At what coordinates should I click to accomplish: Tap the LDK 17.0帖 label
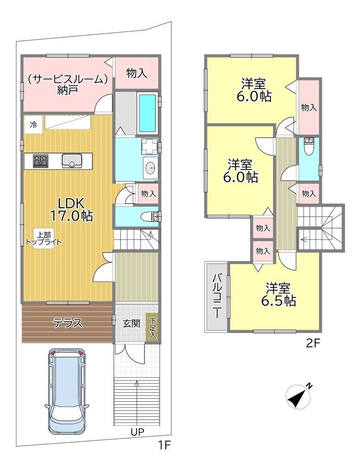tap(72, 210)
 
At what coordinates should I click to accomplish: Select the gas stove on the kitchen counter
tap(40, 161)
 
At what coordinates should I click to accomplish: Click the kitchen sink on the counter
tap(72, 161)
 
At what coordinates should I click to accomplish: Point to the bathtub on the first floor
tap(147, 113)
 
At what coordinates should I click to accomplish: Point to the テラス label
tap(67, 323)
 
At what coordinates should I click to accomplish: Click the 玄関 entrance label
tap(131, 323)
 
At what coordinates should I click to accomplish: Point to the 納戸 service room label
tap(67, 85)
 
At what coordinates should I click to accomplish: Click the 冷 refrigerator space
tap(33, 124)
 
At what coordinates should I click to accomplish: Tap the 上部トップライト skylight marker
tap(44, 238)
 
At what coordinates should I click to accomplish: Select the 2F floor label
tap(313, 343)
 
